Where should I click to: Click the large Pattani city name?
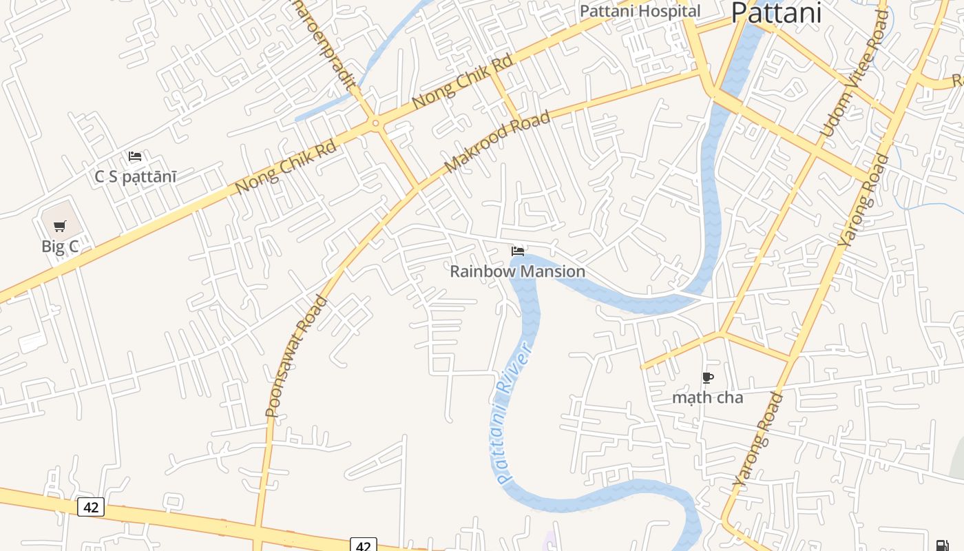pos(776,12)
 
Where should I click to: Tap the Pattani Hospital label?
pos(640,11)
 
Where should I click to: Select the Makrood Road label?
pos(497,142)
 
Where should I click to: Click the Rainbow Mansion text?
pos(517,271)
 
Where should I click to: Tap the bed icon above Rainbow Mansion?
pos(518,251)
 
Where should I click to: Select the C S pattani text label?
pos(135,177)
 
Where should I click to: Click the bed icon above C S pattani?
pos(135,156)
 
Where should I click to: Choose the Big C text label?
pos(60,247)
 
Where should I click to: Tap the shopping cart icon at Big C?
pos(60,226)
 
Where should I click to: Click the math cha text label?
pos(707,397)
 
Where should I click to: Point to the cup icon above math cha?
pos(707,377)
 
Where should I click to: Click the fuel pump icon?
pos(942,545)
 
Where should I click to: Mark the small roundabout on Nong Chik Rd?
pos(375,124)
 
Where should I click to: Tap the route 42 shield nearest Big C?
pos(90,508)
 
